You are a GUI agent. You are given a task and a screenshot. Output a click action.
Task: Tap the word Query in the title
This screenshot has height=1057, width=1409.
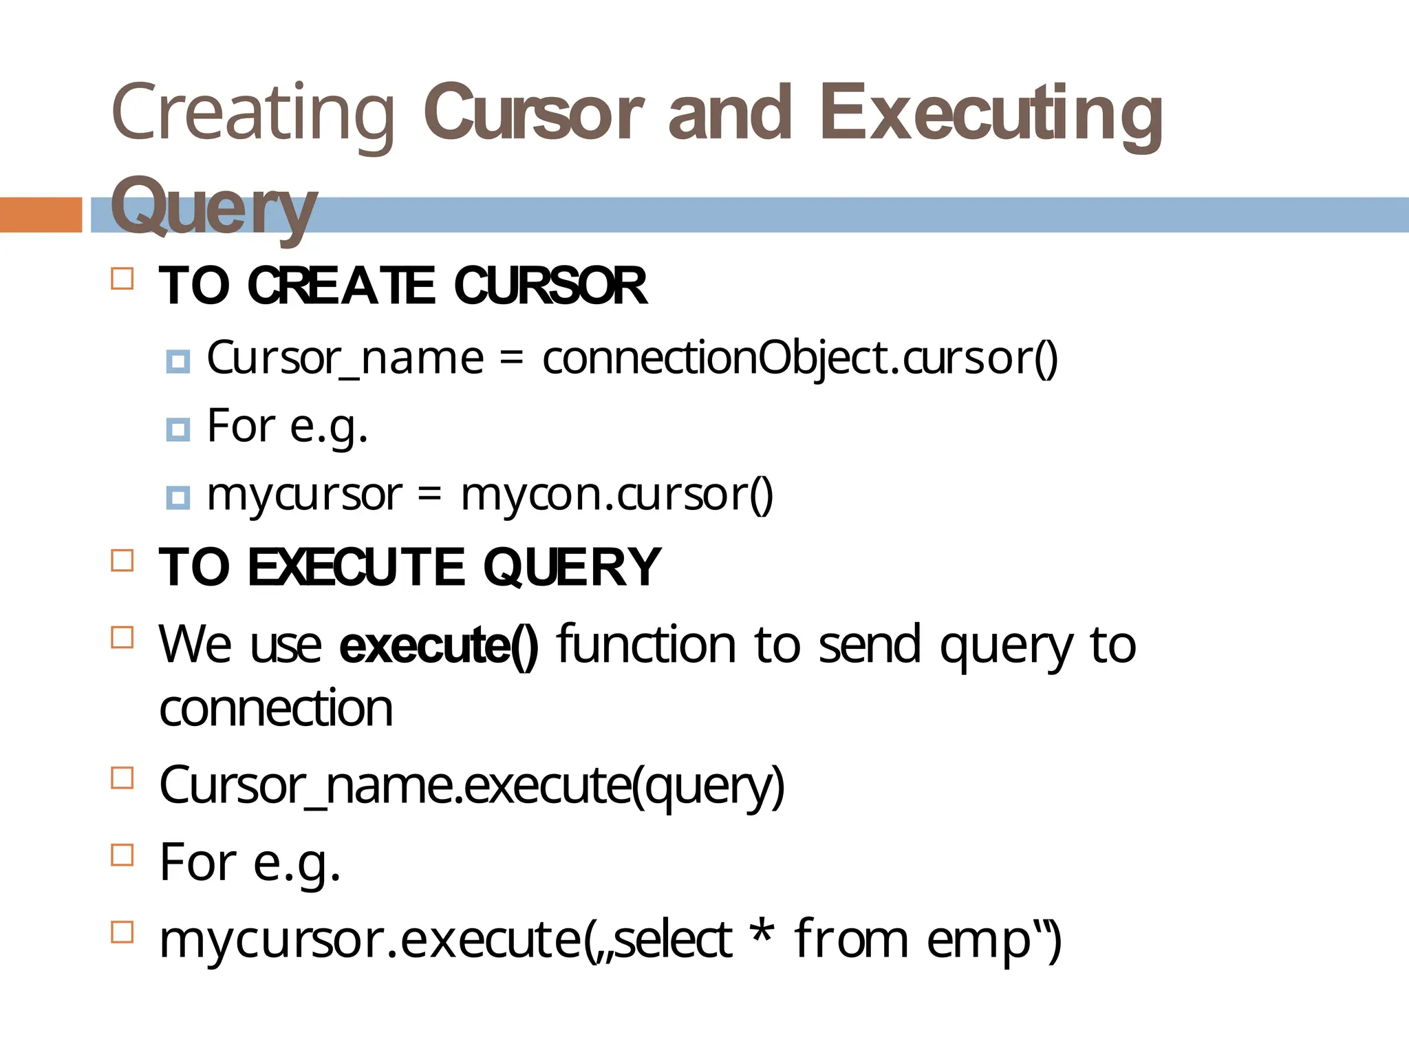click(x=213, y=206)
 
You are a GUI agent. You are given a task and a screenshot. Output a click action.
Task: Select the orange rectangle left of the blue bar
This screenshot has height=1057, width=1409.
click(x=41, y=215)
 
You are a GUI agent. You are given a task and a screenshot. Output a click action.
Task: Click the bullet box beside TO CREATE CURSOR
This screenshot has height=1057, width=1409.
click(x=122, y=279)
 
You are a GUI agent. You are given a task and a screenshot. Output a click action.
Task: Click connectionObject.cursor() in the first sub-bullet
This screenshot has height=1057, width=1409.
click(x=799, y=359)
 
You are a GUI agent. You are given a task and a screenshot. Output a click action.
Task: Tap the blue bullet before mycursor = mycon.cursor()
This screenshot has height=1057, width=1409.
click(x=178, y=498)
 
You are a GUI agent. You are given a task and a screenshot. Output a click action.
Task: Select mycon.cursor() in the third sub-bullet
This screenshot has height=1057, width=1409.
click(x=617, y=495)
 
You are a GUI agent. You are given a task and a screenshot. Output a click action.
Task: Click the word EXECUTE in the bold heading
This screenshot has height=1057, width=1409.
click(x=356, y=568)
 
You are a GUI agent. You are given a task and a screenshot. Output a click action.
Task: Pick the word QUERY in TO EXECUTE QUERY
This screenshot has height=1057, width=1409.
click(x=572, y=568)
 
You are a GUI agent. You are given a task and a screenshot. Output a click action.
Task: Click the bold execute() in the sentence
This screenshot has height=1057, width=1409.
click(x=439, y=645)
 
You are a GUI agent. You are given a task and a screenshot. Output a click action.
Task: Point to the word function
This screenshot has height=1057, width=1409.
click(x=646, y=645)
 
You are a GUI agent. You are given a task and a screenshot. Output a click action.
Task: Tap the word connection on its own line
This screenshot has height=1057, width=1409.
click(x=276, y=709)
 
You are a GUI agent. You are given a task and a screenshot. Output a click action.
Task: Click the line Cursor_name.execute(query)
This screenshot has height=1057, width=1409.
click(x=472, y=786)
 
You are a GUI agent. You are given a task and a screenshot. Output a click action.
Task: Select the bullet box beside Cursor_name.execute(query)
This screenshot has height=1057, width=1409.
click(x=122, y=778)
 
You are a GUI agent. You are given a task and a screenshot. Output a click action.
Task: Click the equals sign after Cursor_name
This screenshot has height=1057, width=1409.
click(x=512, y=359)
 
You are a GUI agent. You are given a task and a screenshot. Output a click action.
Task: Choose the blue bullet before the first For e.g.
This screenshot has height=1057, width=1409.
click(x=178, y=430)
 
